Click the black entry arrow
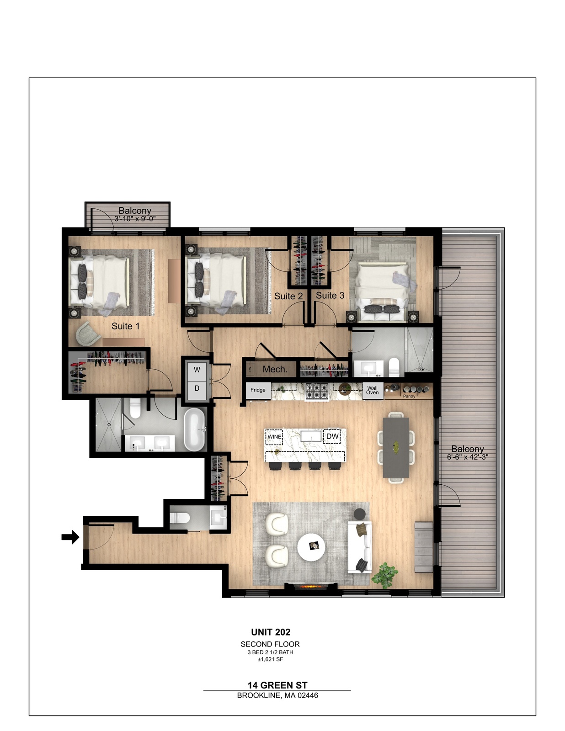pos(70,537)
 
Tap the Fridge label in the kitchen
pos(258,390)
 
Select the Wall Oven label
pos(373,390)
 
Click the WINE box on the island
pos(274,437)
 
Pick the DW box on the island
pos(332,436)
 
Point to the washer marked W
pos(197,370)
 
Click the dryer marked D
pos(197,388)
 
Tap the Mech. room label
pos(275,369)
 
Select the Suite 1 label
pos(126,326)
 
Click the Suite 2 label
pos(288,296)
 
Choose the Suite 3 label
pos(330,295)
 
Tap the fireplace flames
pos(312,587)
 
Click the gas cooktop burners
pos(317,391)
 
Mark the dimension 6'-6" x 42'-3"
pos(468,457)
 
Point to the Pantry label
pos(409,396)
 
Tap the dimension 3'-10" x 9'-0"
pos(135,218)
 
